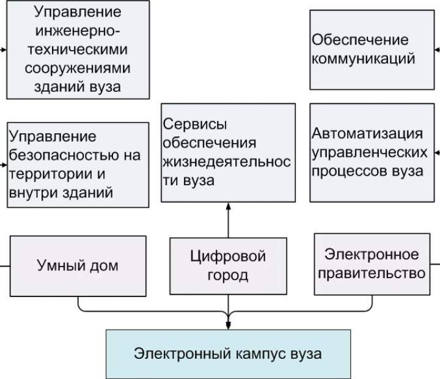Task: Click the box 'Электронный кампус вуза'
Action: [x=229, y=353]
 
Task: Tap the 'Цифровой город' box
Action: [x=228, y=265]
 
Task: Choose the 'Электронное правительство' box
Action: [x=372, y=263]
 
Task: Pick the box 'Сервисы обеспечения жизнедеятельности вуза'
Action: [x=229, y=153]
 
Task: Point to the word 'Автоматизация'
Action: [x=367, y=134]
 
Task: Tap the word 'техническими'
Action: [x=78, y=49]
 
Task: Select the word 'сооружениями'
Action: [x=78, y=67]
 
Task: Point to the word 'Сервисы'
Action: [x=195, y=124]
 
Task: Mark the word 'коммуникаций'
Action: [x=364, y=59]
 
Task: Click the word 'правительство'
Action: [x=372, y=273]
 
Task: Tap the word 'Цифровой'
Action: [x=228, y=256]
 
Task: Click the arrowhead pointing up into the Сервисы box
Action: [x=229, y=207]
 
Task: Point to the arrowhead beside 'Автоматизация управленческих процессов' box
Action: [x=438, y=152]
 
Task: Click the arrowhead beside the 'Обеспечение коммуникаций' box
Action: [x=438, y=49]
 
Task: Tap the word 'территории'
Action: [x=45, y=174]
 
